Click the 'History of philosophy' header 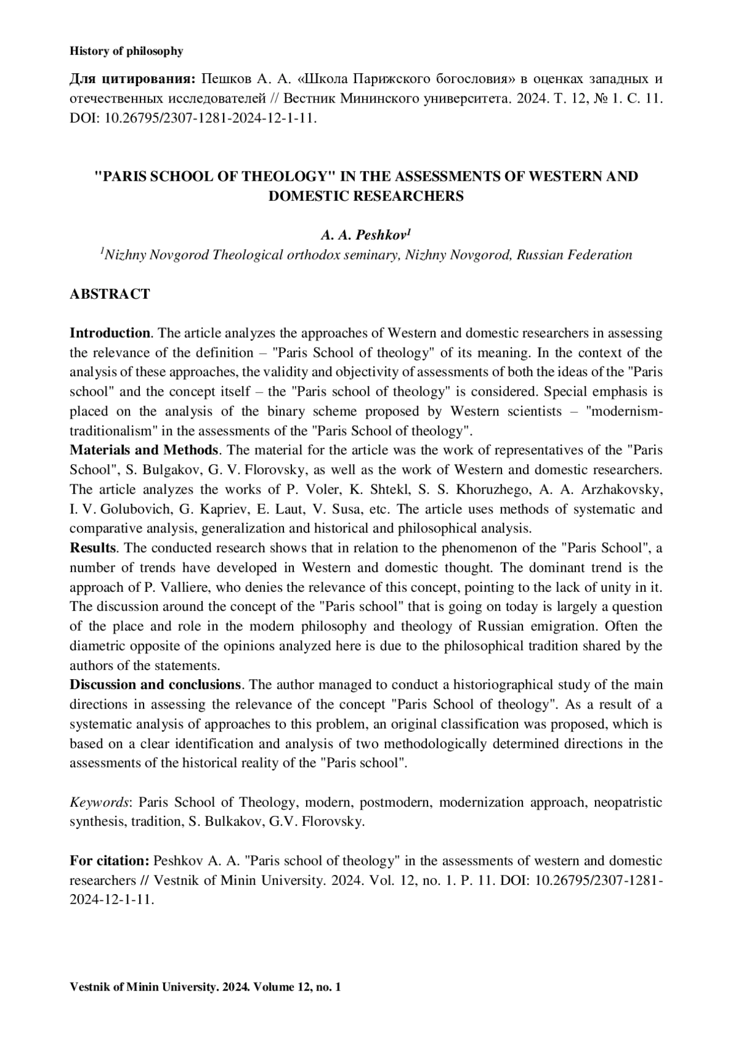[x=126, y=51]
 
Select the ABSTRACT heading [x=110, y=294]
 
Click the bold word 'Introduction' [x=110, y=333]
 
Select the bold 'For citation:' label [x=109, y=861]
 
